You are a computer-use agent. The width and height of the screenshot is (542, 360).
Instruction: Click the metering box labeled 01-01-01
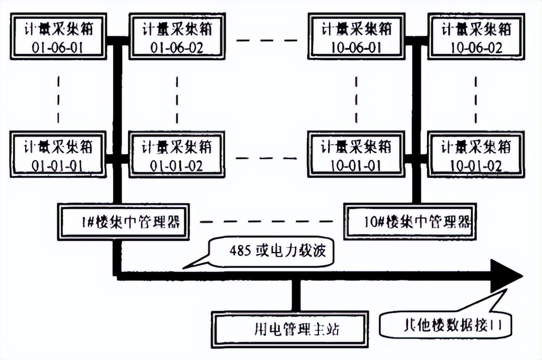59,155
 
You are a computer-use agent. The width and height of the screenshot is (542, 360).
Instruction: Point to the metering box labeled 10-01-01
356,155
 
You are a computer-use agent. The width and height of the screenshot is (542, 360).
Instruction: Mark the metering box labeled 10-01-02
475,155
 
